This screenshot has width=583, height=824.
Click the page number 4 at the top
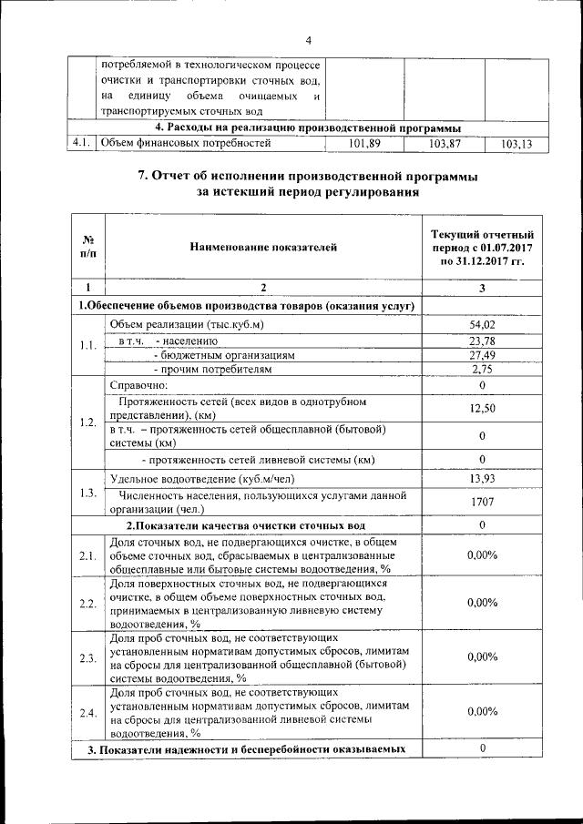click(308, 41)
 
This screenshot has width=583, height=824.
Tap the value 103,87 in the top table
click(444, 143)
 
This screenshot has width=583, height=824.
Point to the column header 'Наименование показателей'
click(263, 246)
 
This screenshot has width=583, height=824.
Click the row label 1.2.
click(87, 422)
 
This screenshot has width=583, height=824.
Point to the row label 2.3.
click(87, 657)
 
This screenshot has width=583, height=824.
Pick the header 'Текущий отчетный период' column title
click(481, 246)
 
